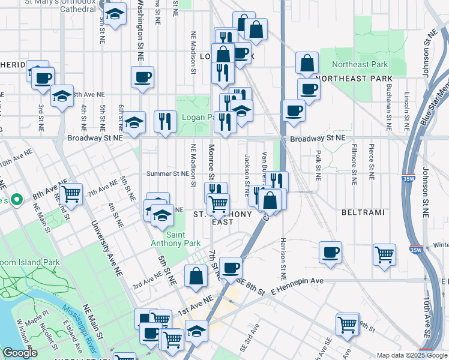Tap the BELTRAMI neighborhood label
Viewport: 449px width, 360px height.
point(358,212)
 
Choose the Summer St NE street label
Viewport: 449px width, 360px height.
point(169,174)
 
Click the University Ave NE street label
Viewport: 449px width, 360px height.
point(103,246)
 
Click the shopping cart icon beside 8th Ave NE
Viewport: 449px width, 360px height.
point(71,193)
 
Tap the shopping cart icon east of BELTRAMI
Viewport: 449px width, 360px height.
point(384,253)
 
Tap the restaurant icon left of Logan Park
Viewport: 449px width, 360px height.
point(164,120)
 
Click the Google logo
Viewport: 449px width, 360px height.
point(19,353)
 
